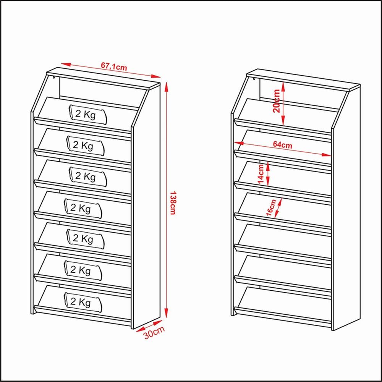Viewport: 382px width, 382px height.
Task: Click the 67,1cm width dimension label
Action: [x=114, y=66]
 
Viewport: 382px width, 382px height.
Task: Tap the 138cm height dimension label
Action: [x=173, y=203]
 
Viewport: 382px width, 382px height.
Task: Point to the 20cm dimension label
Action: [x=277, y=101]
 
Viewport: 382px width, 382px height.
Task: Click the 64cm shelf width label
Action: [x=282, y=144]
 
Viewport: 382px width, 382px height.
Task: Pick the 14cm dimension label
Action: [x=261, y=174]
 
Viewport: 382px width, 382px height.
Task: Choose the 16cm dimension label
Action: [x=271, y=207]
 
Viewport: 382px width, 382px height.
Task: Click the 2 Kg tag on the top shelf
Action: [x=88, y=115]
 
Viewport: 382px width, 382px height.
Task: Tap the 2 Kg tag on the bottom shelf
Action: [x=83, y=302]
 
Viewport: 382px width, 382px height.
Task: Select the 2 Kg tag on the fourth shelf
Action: [x=83, y=208]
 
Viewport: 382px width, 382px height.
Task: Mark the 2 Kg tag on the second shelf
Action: [x=85, y=146]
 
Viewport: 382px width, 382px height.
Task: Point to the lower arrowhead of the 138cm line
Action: [x=167, y=313]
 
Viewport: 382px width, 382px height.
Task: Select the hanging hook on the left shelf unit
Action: [x=53, y=78]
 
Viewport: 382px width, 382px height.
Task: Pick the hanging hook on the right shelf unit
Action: [x=254, y=79]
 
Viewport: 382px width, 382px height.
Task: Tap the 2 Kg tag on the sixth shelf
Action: [x=83, y=270]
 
